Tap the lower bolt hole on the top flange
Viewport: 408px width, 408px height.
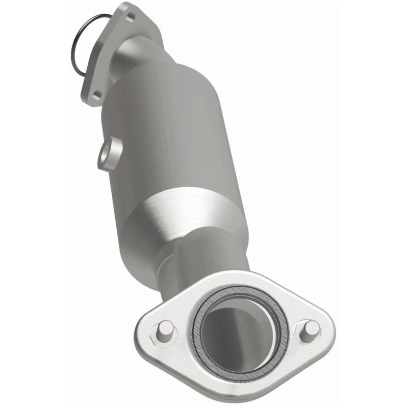click(96, 94)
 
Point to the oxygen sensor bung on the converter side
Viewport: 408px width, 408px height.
click(108, 154)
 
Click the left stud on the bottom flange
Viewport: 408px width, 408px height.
click(164, 331)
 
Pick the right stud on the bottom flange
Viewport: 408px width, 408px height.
click(310, 331)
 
